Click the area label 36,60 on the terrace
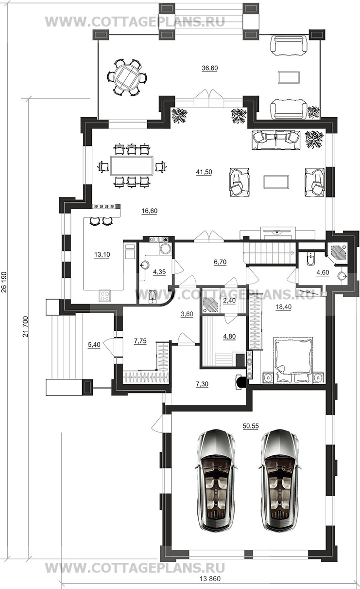210,68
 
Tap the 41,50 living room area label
204,172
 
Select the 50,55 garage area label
251,426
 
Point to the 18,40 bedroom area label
284,307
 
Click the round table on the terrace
127,78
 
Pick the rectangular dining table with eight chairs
132,166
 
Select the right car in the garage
280,481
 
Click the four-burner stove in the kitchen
105,296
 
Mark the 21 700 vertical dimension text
25,327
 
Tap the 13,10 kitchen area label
102,254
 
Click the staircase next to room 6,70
269,252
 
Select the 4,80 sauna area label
229,336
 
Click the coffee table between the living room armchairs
276,182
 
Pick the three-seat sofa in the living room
276,140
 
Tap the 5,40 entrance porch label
94,344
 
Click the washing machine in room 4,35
166,249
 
